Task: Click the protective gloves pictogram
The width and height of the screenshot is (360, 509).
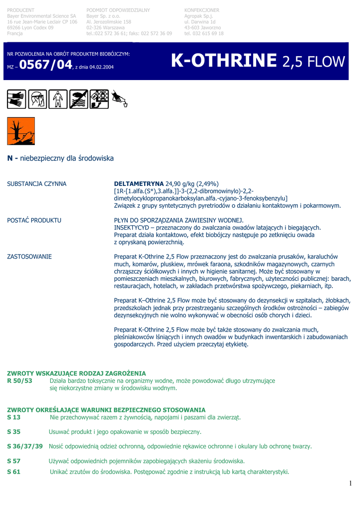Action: (16, 99)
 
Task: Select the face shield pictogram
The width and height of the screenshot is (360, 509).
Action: (37, 99)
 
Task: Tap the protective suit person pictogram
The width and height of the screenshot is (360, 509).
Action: (58, 99)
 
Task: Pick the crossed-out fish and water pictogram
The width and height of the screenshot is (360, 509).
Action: (79, 99)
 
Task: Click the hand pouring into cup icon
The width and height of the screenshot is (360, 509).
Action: (120, 99)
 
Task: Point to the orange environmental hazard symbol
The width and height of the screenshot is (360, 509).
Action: (21, 131)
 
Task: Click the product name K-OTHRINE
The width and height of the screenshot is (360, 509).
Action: (223, 61)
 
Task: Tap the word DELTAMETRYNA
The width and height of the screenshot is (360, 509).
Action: (139, 184)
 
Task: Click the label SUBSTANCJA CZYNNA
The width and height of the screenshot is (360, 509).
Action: (37, 184)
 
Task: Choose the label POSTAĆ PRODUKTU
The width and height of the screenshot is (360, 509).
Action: (34, 220)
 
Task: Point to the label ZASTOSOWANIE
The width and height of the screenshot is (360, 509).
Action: (29, 256)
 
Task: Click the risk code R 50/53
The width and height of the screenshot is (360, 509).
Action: (19, 381)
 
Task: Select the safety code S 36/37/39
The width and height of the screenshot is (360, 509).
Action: (25, 446)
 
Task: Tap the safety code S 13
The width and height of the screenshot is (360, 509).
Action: (14, 418)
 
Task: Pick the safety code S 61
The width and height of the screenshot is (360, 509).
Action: (14, 472)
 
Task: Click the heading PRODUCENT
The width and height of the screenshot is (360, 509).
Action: (21, 10)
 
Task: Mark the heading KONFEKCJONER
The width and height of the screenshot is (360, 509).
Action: (201, 10)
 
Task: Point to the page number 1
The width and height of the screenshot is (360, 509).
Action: (350, 483)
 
